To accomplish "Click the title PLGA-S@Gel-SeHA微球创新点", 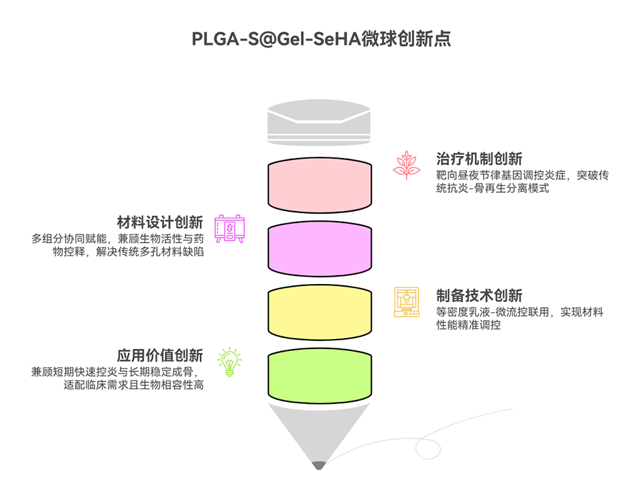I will pos(320,39).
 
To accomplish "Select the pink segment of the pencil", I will pos(320,184).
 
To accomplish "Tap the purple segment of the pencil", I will pos(320,248).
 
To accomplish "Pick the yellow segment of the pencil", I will pos(320,312).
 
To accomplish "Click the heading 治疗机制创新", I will pos(479,159).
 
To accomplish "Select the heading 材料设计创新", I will pos(159,222).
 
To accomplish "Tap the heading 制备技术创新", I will pos(479,295).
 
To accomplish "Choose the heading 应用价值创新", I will pos(159,356).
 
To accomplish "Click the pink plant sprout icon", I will pos(406,165).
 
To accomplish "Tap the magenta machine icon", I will pos(229,229).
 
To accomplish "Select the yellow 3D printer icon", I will pos(406,302).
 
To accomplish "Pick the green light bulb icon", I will pos(229,362).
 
